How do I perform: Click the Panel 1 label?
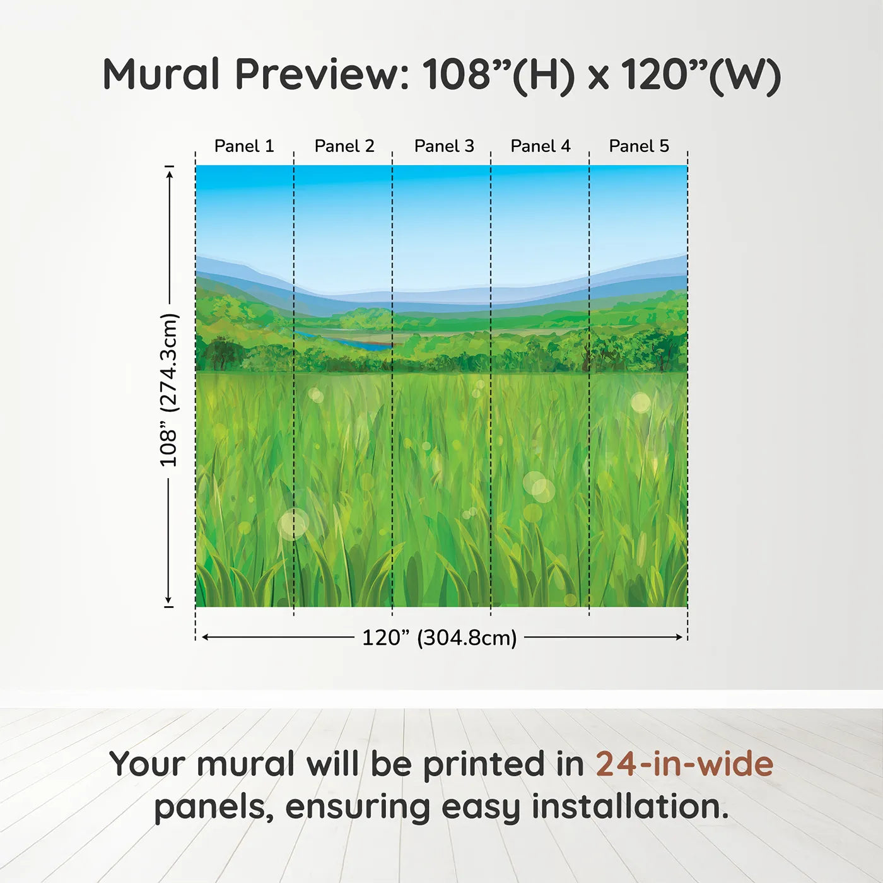[x=244, y=146]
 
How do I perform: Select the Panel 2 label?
[x=344, y=146]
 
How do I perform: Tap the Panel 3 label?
[x=444, y=146]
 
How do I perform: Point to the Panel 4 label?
[x=541, y=146]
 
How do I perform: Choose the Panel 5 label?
[x=639, y=146]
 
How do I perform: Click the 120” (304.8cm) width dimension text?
[x=439, y=638]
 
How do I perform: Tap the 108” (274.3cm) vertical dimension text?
[x=169, y=390]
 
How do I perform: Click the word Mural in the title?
[x=161, y=74]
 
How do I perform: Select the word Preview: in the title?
[x=322, y=74]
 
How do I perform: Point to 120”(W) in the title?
[x=701, y=74]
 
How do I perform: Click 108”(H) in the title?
[x=498, y=74]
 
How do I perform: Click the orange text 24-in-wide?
[x=684, y=764]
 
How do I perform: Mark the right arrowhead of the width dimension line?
[x=680, y=637]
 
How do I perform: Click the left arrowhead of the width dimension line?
[x=204, y=637]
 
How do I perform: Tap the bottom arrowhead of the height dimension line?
[x=168, y=600]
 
